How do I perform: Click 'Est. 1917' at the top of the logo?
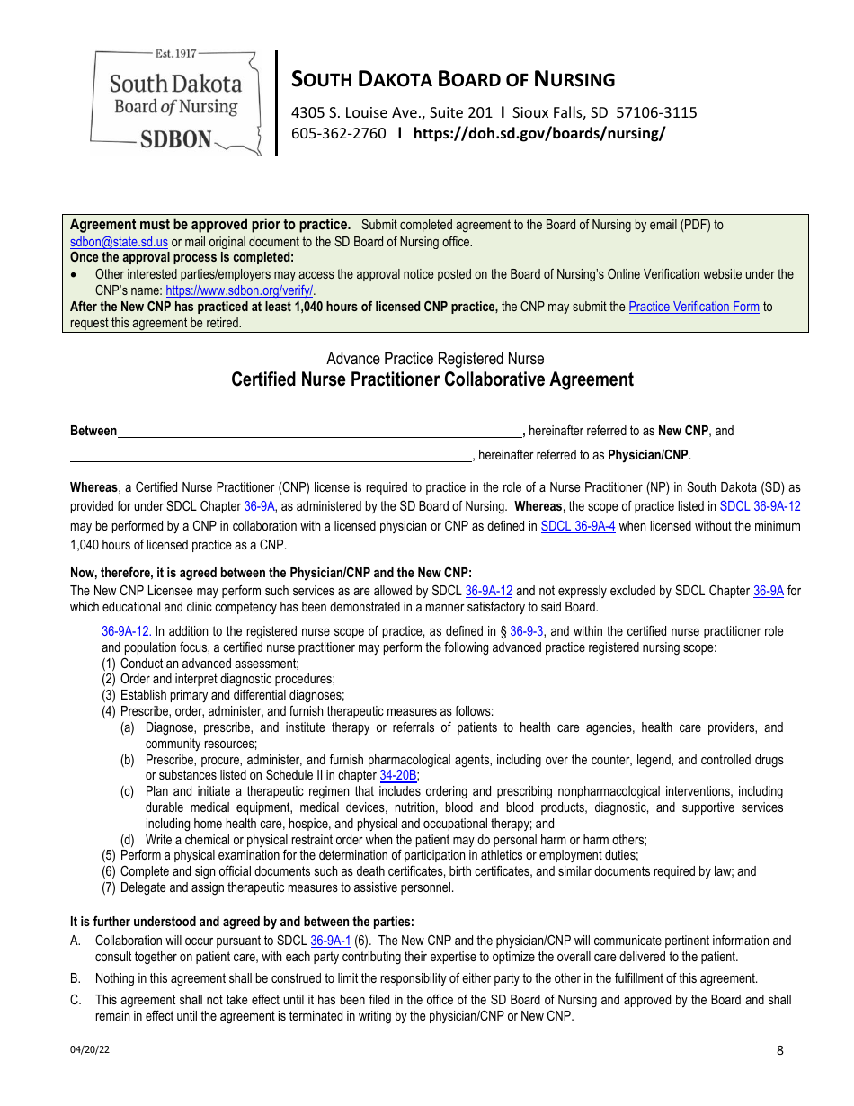tap(175, 55)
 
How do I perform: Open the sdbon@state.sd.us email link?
tap(119, 242)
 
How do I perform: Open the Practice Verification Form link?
tap(694, 307)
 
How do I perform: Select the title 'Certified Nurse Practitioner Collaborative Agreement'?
tap(432, 379)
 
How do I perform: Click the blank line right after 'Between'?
tap(320, 432)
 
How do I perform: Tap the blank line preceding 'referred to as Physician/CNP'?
tap(271, 455)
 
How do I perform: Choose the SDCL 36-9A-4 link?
tap(577, 526)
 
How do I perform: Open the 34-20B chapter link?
tap(398, 775)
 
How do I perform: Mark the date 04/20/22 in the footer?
tap(85, 1049)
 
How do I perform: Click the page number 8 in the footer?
tap(779, 1050)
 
